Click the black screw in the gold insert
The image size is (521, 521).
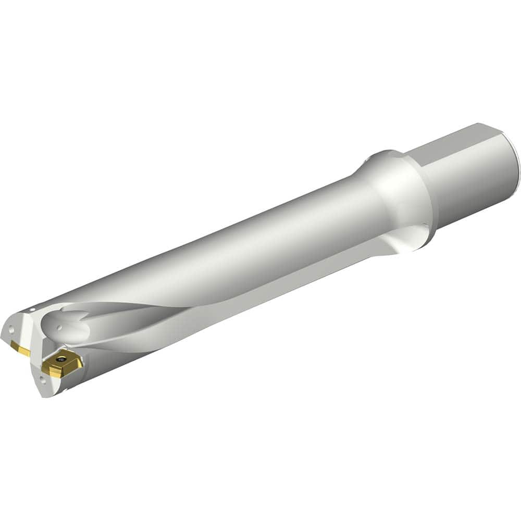click(61, 359)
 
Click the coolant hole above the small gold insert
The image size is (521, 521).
click(11, 329)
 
